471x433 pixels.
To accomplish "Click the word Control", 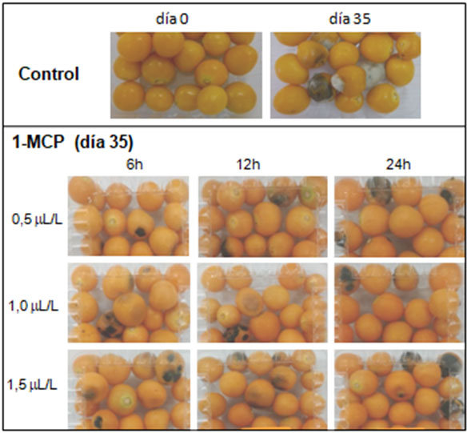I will coord(49,75).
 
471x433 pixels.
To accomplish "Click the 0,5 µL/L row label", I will coord(34,218).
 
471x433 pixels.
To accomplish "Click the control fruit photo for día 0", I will coord(185,75).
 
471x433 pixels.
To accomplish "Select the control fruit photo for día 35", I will coord(345,75).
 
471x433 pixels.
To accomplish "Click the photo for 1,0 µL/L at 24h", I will coord(397,303).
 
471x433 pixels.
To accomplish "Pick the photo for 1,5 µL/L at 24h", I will coord(397,388).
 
